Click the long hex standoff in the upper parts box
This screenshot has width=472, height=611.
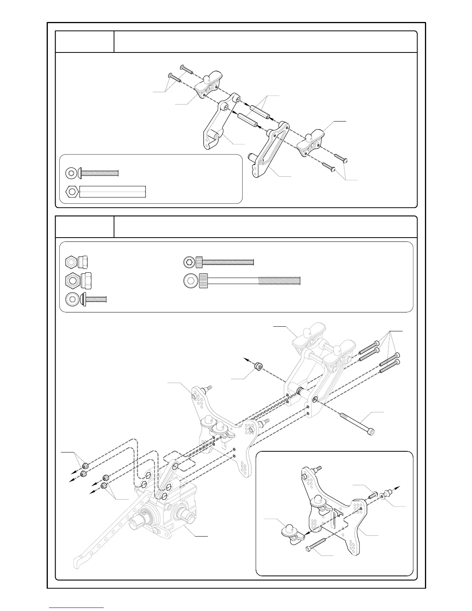(112, 191)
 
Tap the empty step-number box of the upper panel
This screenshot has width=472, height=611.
(85, 42)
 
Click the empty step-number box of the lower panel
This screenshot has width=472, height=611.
(85, 227)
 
